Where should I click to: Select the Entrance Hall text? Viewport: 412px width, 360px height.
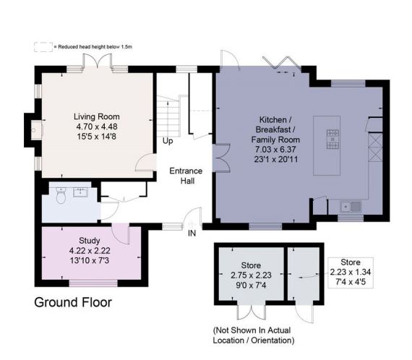tap(186, 176)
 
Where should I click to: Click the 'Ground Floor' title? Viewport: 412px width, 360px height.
tap(73, 302)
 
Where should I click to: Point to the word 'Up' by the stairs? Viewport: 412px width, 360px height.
tap(168, 141)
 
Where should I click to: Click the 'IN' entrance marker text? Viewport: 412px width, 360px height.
tap(192, 233)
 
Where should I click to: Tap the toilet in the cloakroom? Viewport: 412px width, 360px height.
tap(61, 195)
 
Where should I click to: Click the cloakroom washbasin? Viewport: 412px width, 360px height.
tap(81, 192)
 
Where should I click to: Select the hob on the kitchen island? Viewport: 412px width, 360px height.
tap(332, 140)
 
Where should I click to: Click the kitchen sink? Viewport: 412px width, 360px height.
tap(351, 207)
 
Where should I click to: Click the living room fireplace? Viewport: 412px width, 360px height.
tap(37, 130)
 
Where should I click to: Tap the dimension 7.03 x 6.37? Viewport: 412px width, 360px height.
tap(275, 150)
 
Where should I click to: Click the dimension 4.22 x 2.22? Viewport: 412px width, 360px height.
tap(90, 251)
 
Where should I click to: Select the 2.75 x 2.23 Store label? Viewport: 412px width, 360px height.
tap(251, 275)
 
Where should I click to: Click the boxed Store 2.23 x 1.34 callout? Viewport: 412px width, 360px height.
tap(351, 273)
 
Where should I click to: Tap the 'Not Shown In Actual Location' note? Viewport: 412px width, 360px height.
tap(254, 335)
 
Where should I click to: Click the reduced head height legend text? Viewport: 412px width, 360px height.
tap(95, 47)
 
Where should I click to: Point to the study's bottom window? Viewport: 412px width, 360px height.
tap(93, 283)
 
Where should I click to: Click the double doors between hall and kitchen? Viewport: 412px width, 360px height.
tap(221, 158)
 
